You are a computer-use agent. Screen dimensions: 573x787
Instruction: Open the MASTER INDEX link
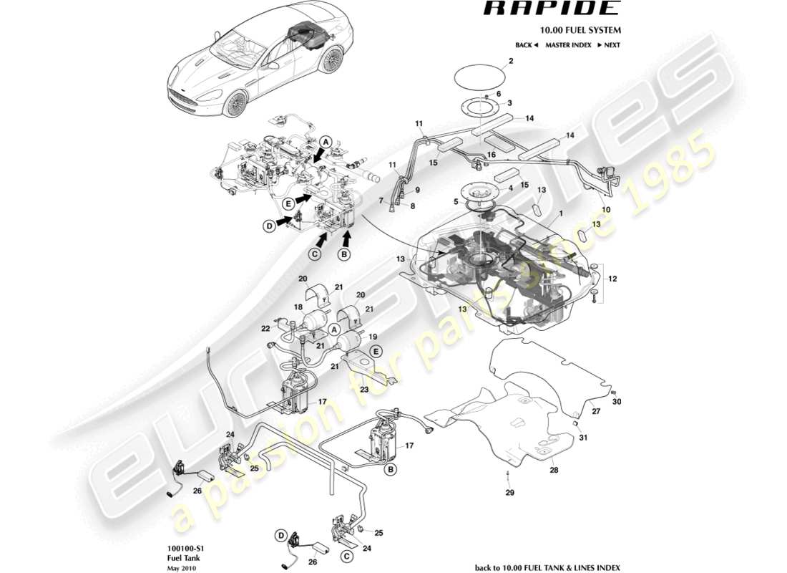pos(568,45)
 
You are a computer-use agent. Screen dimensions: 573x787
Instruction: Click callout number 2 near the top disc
pos(511,62)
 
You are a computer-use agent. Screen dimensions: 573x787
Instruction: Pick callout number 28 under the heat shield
pos(553,471)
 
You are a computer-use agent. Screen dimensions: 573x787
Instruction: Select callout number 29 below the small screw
pos(509,493)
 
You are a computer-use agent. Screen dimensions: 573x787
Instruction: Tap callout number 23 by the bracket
pos(364,390)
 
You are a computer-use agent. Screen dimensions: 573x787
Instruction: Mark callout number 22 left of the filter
pos(265,328)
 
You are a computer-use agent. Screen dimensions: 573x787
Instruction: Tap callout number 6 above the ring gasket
pos(499,94)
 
